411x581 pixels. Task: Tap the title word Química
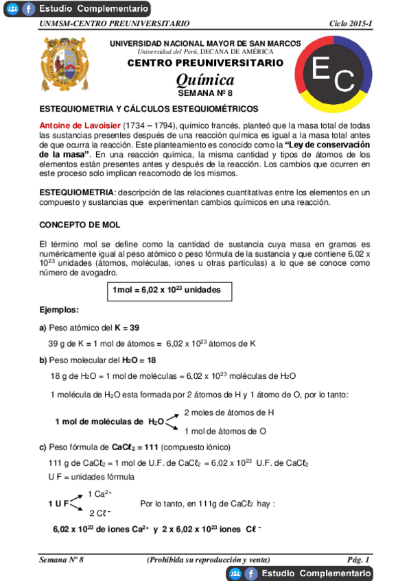point(205,80)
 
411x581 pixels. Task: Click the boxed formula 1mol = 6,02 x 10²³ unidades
point(167,290)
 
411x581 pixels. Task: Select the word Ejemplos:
point(59,310)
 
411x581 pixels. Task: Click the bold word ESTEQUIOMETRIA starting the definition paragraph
point(76,193)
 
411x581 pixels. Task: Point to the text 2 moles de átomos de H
point(229,412)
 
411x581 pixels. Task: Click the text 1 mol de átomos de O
point(225,431)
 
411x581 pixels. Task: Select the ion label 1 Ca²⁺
point(100,493)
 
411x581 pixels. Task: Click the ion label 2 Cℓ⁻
point(100,513)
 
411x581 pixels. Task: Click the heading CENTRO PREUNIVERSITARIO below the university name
point(205,63)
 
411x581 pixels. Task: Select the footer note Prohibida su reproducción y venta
point(208,560)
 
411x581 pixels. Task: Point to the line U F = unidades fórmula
point(91,477)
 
